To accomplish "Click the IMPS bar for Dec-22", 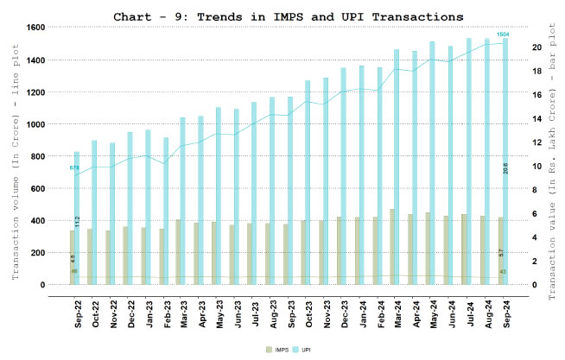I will point(126,256).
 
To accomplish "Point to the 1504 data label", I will point(503,35).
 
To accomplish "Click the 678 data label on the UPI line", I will point(74,167).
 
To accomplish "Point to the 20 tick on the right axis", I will point(512,47).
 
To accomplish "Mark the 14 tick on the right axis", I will point(512,118).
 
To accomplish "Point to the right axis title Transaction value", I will point(550,173).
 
